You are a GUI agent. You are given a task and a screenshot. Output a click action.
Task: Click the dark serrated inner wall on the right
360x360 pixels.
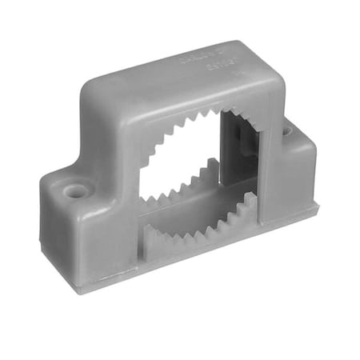tap(240, 152)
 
